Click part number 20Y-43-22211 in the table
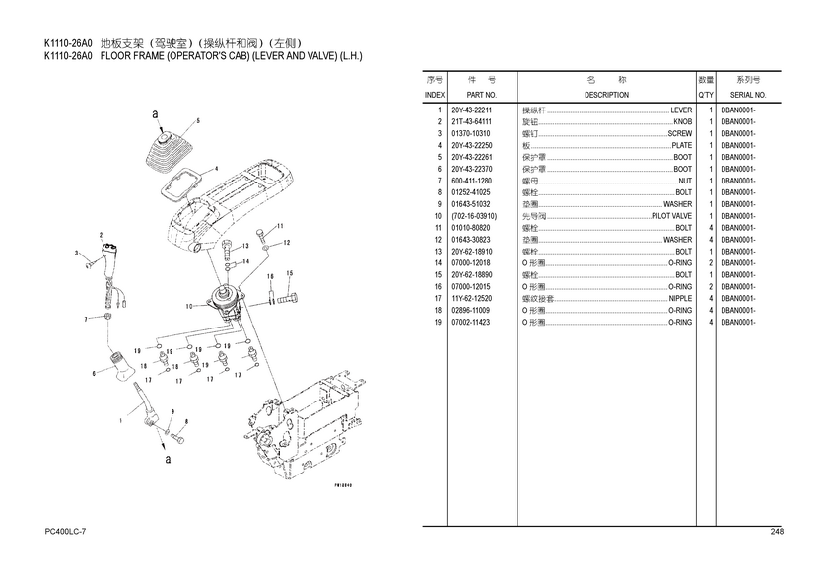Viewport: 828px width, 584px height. point(471,110)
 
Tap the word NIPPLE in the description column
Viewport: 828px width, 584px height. point(680,298)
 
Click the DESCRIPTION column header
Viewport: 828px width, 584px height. point(606,95)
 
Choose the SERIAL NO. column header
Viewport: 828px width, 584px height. point(748,95)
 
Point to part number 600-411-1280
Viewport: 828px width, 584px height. point(471,181)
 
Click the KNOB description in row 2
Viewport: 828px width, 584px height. point(682,122)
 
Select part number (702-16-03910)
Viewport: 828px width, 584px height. point(474,216)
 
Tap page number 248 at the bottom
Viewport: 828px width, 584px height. point(777,533)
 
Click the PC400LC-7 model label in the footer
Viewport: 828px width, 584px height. point(65,533)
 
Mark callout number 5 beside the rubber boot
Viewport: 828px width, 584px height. point(198,120)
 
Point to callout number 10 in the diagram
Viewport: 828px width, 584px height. point(188,307)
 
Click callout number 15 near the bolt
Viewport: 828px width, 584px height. point(289,273)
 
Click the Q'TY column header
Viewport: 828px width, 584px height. point(706,95)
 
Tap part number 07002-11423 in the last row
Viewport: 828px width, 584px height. point(471,322)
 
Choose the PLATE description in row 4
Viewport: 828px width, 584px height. point(681,146)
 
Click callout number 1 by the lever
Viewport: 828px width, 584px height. point(120,420)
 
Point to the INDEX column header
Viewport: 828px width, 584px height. point(434,95)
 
